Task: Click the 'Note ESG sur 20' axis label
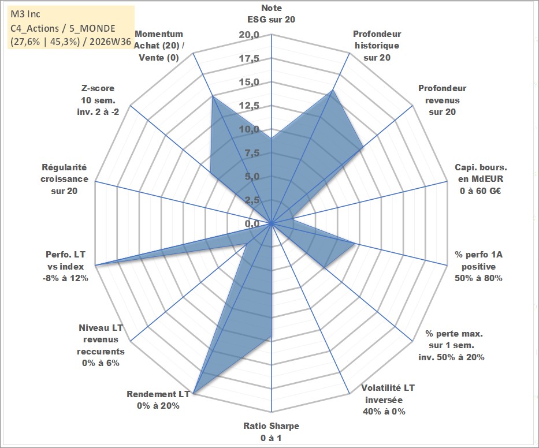click(271, 14)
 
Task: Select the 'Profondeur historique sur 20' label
click(377, 46)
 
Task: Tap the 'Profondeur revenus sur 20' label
click(442, 100)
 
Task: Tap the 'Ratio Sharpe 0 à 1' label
click(271, 432)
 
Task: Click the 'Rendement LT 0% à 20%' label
click(158, 400)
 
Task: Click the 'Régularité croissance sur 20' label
click(64, 179)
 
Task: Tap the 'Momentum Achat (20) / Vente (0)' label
click(159, 46)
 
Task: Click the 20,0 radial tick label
click(249, 35)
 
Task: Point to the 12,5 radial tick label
click(249, 106)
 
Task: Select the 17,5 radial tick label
click(249, 58)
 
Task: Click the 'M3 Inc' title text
click(25, 14)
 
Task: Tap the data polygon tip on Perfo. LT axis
click(95, 265)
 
